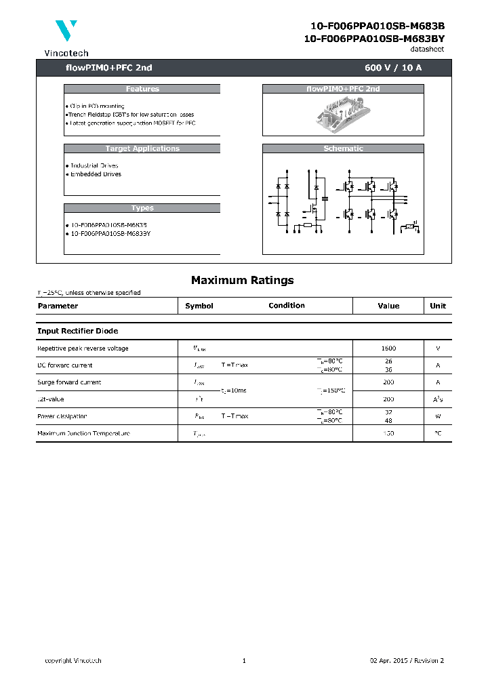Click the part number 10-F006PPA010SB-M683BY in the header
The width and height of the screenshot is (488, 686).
374,39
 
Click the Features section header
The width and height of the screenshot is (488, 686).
142,89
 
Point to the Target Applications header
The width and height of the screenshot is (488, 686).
142,148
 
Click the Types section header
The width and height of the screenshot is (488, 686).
142,208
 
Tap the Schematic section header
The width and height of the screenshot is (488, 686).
343,148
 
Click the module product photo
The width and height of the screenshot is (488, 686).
343,111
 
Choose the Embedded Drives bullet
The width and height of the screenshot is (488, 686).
95,174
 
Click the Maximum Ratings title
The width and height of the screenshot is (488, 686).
243,280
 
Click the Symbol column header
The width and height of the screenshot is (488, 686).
199,306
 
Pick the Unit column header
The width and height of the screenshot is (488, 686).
438,306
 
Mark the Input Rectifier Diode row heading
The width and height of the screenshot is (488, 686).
78,331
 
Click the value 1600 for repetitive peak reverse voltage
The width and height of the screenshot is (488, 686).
388,348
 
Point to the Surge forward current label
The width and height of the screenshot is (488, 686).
69,382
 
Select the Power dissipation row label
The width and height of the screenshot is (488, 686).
62,416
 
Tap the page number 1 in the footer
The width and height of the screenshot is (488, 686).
243,661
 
